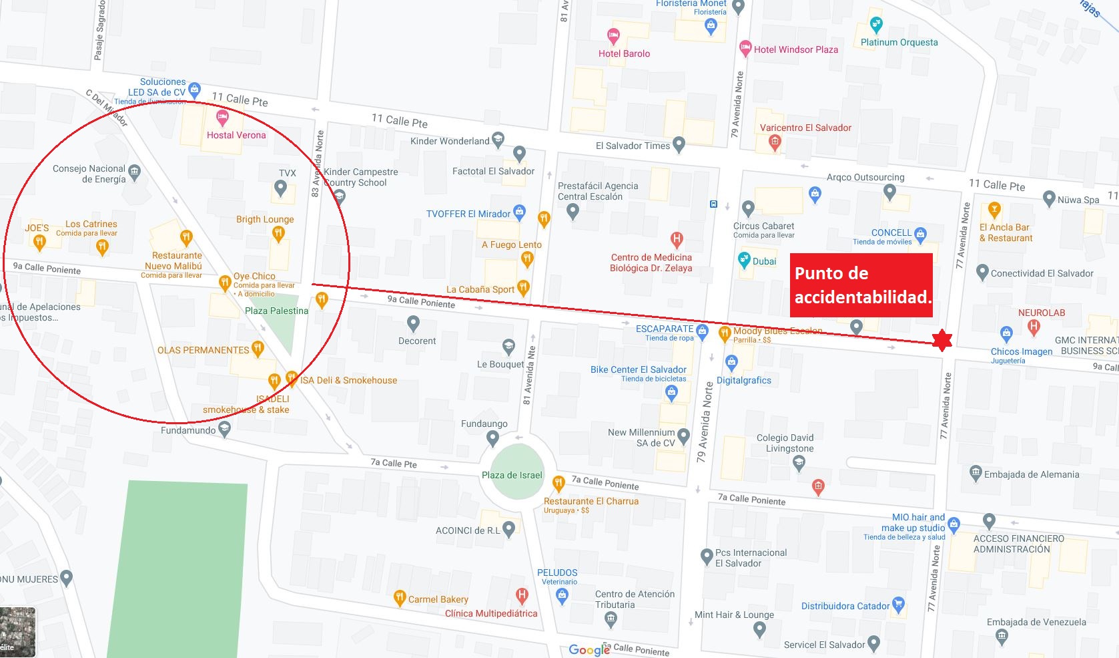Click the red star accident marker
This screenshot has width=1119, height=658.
[x=941, y=340]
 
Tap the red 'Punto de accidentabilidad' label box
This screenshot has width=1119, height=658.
[x=861, y=285]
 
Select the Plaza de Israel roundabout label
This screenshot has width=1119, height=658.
[x=512, y=475]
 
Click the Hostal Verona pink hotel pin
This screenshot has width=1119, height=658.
[x=222, y=119]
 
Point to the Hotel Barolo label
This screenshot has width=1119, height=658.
[x=624, y=53]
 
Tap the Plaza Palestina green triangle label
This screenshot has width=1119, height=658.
[x=276, y=311]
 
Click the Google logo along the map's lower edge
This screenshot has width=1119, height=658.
[x=589, y=649]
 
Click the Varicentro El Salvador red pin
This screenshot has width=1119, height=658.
[x=775, y=141]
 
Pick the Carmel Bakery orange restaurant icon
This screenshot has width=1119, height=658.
[x=400, y=598]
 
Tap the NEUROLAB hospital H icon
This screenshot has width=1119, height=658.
[x=1034, y=327]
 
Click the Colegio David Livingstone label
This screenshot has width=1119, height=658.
[x=785, y=443]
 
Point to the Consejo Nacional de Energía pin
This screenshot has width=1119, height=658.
[x=135, y=172]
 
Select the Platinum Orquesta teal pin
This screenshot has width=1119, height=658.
[x=876, y=25]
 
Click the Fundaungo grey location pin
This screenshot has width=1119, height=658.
[x=492, y=438]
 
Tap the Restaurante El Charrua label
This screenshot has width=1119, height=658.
[x=591, y=501]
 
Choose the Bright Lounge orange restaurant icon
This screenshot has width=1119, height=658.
[x=278, y=233]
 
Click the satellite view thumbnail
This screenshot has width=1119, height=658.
[x=17, y=631]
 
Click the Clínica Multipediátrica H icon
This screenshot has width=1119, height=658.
[x=522, y=595]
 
